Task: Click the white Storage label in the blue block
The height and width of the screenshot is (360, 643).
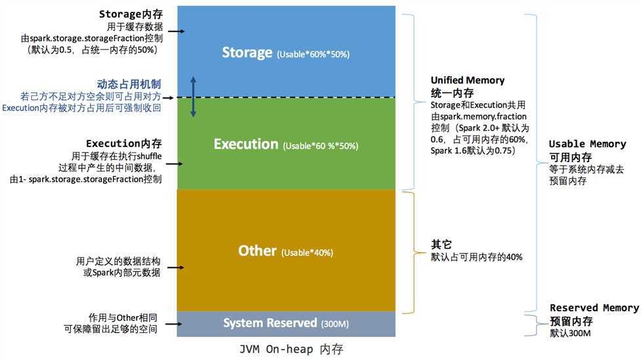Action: coord(247,53)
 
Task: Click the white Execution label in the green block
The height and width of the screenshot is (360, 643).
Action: coord(246,144)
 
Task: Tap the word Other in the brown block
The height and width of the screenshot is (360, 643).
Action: coord(257,251)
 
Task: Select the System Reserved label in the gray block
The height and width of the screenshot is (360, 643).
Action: coord(270,323)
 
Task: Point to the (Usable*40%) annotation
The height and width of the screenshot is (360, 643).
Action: coord(307,253)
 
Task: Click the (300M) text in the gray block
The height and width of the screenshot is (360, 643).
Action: coord(335,324)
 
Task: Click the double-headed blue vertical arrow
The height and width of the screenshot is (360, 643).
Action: coord(193,97)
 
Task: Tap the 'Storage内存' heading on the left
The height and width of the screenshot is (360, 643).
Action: coord(130,14)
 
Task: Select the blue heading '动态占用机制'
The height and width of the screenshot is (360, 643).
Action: coord(129,84)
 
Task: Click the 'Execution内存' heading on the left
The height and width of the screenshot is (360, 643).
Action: coord(124,143)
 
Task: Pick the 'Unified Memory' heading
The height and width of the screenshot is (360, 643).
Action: coord(467,80)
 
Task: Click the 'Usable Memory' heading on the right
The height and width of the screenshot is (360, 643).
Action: coord(587,144)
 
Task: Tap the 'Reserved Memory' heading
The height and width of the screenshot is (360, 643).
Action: coord(594,308)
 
